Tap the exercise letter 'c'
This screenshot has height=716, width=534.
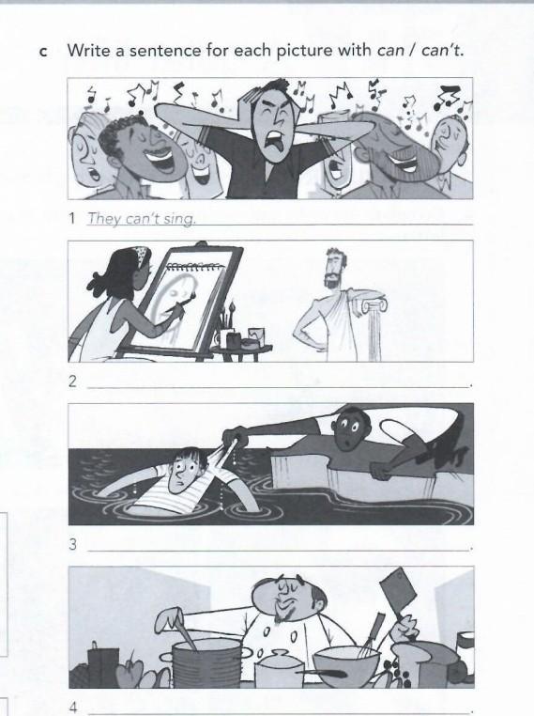[x=43, y=52]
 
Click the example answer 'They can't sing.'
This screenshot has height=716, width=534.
[x=142, y=218]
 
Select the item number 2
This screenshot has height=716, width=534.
[x=72, y=381]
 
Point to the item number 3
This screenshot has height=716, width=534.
[x=72, y=544]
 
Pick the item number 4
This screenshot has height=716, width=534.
[x=73, y=708]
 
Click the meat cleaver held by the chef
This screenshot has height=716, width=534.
[x=397, y=590]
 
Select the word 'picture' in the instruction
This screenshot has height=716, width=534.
[x=305, y=50]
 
